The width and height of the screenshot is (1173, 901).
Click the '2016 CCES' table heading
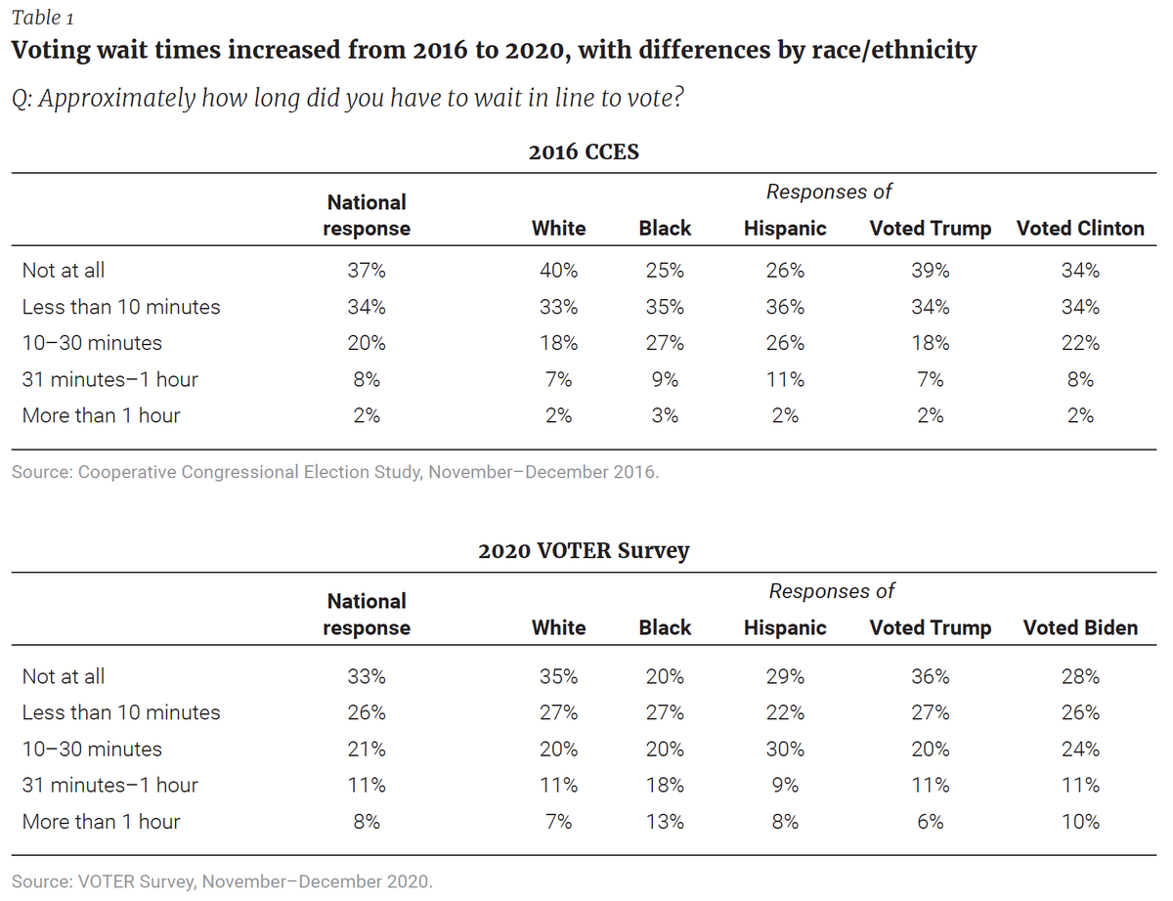point(584,151)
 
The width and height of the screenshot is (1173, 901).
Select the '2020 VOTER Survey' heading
point(584,551)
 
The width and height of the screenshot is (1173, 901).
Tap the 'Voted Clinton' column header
point(1080,229)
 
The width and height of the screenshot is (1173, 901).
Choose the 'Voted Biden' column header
point(1080,627)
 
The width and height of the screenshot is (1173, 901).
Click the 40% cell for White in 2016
point(559,271)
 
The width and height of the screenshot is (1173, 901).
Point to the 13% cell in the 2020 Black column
point(665,822)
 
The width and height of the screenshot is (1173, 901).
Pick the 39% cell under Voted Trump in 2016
point(930,271)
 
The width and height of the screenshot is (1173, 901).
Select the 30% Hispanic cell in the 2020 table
point(785,750)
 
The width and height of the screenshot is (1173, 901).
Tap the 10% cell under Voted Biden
point(1080,822)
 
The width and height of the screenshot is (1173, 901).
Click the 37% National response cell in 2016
point(367,271)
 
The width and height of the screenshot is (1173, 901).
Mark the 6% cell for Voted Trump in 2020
point(930,822)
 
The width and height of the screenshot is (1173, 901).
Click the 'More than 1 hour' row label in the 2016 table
point(101,415)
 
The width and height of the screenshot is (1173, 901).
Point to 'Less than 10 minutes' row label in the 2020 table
point(121,712)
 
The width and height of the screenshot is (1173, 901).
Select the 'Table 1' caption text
point(43,18)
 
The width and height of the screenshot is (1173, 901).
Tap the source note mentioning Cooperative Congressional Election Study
point(335,472)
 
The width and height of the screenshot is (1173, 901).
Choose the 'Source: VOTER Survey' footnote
point(222,881)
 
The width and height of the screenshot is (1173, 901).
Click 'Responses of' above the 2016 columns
point(829,192)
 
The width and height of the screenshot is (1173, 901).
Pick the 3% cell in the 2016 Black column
point(665,415)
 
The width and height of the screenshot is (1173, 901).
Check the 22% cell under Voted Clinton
point(1080,343)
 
